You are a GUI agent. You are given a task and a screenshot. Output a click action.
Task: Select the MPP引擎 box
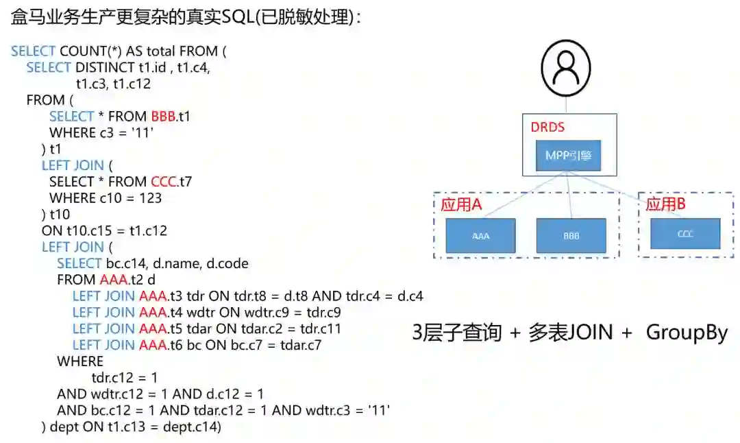coord(569,157)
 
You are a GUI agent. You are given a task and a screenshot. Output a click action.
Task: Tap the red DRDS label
coord(549,128)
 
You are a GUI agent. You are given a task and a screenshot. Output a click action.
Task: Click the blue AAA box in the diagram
coord(481,235)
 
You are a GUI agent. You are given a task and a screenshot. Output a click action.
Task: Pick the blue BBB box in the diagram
coord(571,235)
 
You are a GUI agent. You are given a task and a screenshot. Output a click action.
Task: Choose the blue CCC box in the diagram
coord(685,234)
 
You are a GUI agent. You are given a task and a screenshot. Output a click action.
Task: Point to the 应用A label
coord(461,204)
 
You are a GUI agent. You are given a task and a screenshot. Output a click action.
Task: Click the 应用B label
coord(666,204)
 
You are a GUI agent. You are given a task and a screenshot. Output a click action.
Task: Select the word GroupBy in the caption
coord(687,333)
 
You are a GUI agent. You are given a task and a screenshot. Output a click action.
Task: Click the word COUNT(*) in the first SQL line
coord(91,51)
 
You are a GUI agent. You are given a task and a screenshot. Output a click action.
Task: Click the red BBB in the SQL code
coord(163,117)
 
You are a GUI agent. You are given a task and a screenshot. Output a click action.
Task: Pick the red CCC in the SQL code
coord(163,182)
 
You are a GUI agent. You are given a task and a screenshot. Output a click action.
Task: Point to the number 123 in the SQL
coord(150,198)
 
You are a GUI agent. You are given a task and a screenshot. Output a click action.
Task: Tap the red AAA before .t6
coord(153,345)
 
